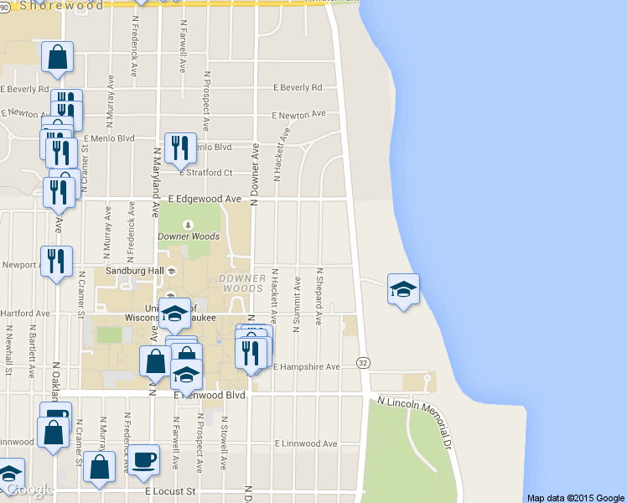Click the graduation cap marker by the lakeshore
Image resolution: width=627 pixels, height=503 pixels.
[403, 290]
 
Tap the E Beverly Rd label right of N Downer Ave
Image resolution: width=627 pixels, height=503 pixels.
[297, 87]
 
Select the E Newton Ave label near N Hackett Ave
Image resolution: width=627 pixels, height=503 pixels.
[298, 115]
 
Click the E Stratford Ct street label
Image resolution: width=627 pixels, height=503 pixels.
[205, 173]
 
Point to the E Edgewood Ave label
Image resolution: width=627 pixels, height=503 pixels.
[205, 199]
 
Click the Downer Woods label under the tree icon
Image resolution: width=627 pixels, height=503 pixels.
[188, 236]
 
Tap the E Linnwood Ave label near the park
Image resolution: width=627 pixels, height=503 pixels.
[306, 443]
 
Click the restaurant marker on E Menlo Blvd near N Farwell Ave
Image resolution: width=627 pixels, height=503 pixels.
[180, 148]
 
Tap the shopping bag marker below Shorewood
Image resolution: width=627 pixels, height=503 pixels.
[58, 58]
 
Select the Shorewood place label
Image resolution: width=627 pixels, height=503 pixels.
[60, 5]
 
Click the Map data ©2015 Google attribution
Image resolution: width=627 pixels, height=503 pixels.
[576, 497]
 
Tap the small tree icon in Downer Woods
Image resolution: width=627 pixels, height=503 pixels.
[188, 224]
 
